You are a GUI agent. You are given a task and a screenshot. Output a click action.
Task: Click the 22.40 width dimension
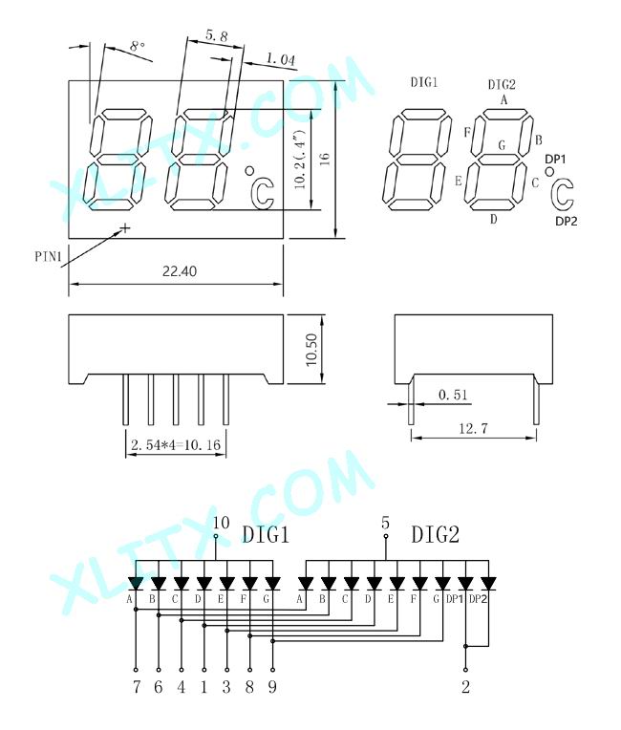pos(180,271)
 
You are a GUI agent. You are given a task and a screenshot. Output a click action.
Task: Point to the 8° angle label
pos(137,46)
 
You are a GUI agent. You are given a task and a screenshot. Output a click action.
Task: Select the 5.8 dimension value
pos(217,35)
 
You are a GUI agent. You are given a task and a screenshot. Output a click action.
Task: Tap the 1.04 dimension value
pos(281,59)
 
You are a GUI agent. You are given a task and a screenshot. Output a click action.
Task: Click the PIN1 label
pos(49,256)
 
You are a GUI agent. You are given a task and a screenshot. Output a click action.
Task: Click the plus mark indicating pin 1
pos(125,227)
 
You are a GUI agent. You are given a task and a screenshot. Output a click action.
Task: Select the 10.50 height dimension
pos(311,350)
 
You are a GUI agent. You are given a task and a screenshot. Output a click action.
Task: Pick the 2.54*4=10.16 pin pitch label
pos(176,445)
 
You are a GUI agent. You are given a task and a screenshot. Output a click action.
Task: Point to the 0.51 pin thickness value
pos(453,395)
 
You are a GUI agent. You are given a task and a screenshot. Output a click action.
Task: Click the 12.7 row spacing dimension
pos(474,428)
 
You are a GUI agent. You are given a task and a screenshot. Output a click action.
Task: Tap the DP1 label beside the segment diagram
pos(555,160)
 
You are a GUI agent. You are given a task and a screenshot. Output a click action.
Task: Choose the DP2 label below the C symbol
pos(567,222)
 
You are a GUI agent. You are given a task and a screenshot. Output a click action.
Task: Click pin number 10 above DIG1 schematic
pos(221,523)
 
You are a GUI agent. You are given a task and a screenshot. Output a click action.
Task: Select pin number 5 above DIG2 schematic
pos(385,523)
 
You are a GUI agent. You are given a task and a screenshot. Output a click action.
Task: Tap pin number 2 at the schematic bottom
pos(465,687)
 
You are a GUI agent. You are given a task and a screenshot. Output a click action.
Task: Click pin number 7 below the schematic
pos(136,687)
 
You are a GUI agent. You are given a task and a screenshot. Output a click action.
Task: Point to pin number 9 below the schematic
pos(272,687)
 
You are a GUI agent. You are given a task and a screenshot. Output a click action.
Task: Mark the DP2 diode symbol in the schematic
pos(488,584)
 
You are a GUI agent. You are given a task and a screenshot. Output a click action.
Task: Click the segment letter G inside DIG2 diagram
pos(502,145)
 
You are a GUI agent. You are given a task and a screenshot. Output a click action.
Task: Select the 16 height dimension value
pos(325,160)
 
